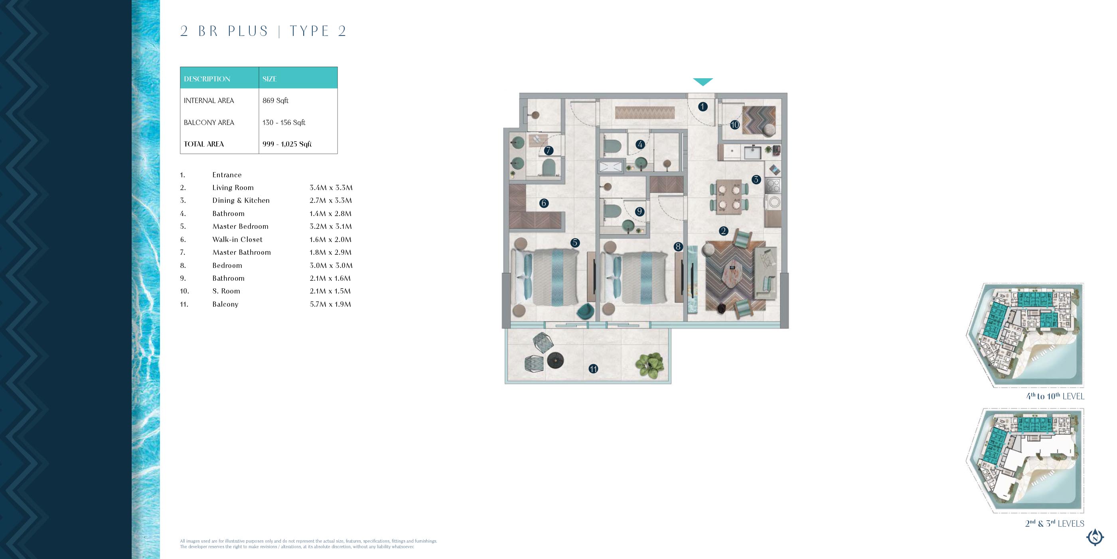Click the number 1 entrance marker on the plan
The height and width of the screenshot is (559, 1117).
pyautogui.click(x=703, y=106)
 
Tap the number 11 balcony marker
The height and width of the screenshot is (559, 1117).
pyautogui.click(x=593, y=369)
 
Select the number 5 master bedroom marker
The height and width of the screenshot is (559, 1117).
pyautogui.click(x=575, y=243)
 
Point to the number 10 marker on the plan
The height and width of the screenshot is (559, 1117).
pyautogui.click(x=734, y=125)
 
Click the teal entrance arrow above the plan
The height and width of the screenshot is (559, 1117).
pyautogui.click(x=703, y=81)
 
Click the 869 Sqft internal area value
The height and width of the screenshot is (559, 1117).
pyautogui.click(x=275, y=101)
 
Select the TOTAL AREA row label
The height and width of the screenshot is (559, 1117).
pyautogui.click(x=204, y=144)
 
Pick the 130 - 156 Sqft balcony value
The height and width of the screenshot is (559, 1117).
pyautogui.click(x=284, y=123)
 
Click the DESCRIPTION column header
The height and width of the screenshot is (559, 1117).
pyautogui.click(x=207, y=79)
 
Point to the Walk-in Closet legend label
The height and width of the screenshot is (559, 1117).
pyautogui.click(x=237, y=240)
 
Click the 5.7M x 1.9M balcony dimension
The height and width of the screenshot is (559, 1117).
pyautogui.click(x=330, y=304)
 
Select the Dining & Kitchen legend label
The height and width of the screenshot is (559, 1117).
pyautogui.click(x=241, y=200)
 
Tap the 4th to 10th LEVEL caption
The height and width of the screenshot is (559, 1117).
pyautogui.click(x=1055, y=396)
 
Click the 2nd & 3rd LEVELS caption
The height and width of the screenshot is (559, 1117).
pyautogui.click(x=1054, y=523)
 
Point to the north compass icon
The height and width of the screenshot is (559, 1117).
pyautogui.click(x=1095, y=537)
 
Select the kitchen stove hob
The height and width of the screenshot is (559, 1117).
pyautogui.click(x=773, y=186)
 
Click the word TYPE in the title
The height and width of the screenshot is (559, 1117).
pyautogui.click(x=309, y=31)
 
